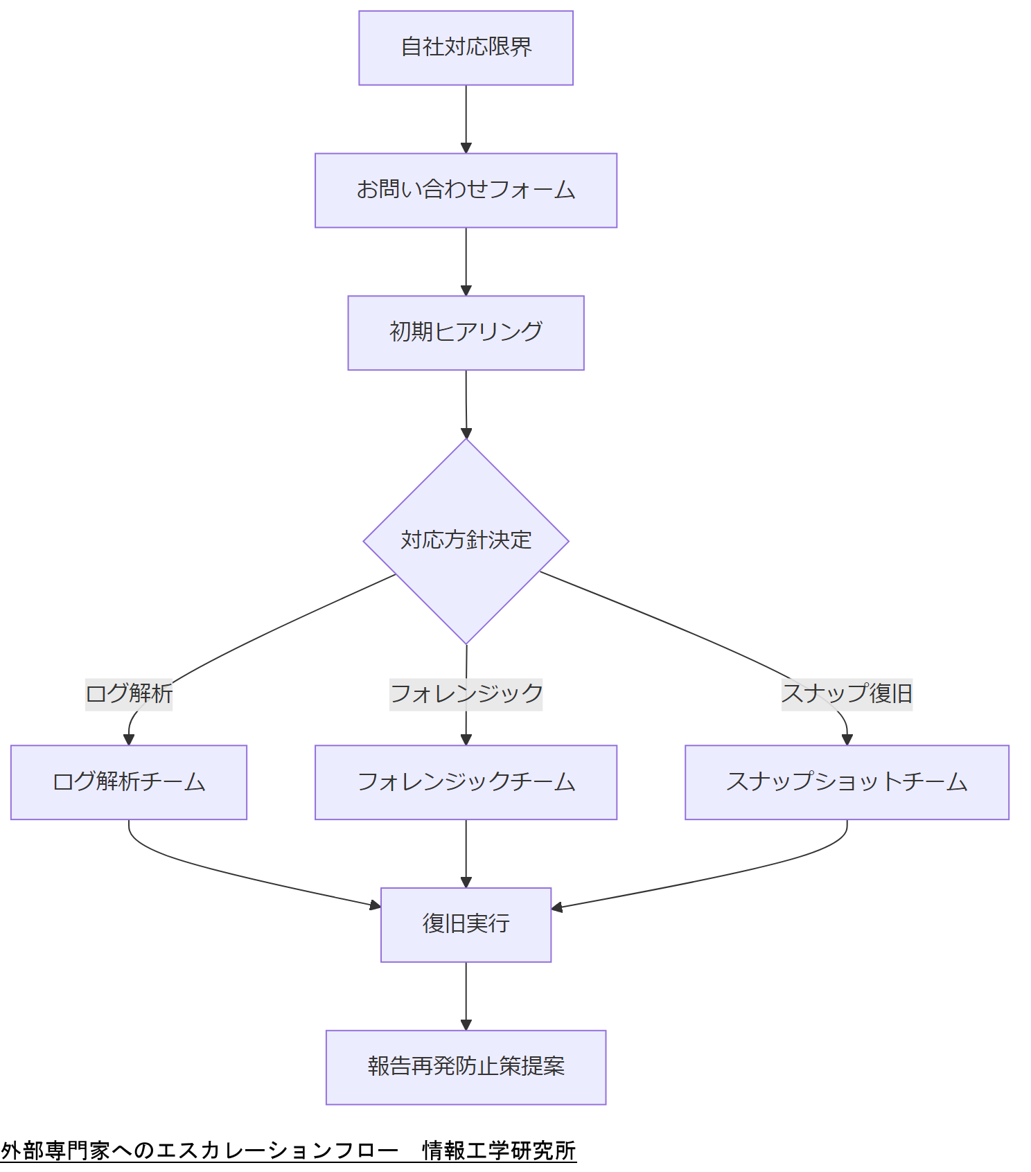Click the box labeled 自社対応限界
coord(466,48)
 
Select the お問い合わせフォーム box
coord(466,190)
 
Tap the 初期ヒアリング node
coord(466,333)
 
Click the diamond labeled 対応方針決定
coord(466,541)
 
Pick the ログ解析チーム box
coord(129,782)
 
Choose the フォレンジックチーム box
coord(466,782)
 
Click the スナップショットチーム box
coord(847,782)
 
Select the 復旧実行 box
coord(466,925)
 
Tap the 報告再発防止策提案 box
coord(466,1067)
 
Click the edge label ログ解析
coord(129,693)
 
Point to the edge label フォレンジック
coord(466,693)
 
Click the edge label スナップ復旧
coord(847,693)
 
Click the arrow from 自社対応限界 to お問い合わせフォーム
coord(466,118)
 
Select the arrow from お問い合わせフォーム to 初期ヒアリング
coord(466,260)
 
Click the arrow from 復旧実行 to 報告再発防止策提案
coord(466,995)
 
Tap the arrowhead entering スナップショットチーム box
coord(847,740)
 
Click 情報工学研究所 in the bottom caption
coord(499,1151)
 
